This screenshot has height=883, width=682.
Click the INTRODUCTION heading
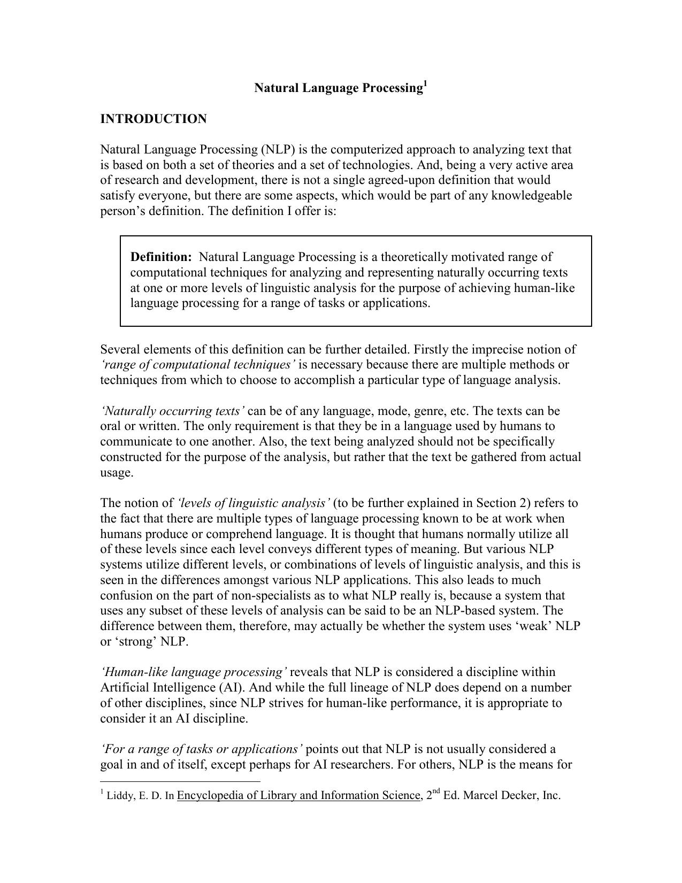pos(153,119)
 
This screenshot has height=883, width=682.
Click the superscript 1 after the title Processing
pos(425,83)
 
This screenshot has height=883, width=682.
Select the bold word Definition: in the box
pos(161,257)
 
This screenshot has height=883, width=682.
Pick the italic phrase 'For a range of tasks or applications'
pos(201,749)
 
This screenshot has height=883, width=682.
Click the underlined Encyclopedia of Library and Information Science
pos(298,796)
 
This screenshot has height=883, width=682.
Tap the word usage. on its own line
pos(117,473)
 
